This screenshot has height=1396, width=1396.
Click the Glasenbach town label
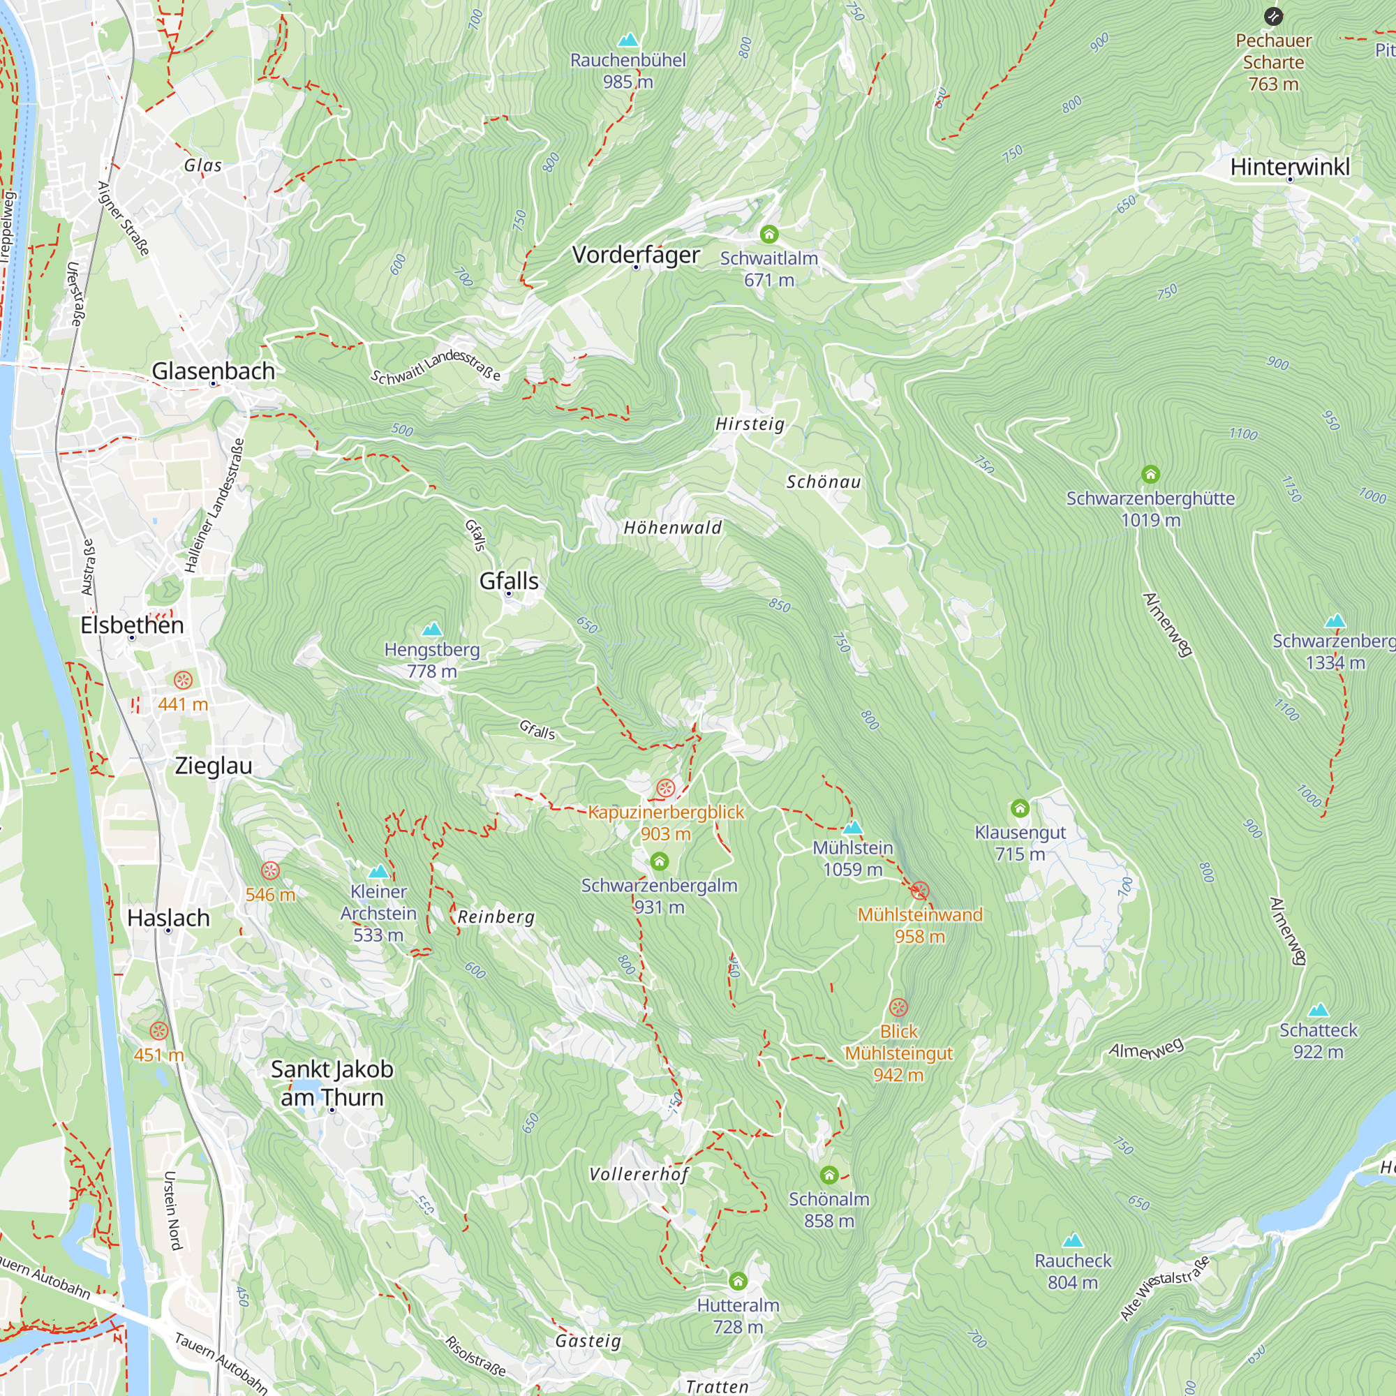click(213, 371)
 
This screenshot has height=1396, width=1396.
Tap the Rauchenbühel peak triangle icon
click(628, 39)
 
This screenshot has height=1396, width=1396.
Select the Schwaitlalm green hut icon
click(768, 234)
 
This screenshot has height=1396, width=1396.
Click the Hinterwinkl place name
click(1290, 167)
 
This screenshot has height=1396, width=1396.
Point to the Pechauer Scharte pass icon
click(1273, 16)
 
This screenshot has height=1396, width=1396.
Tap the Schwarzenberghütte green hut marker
click(1150, 475)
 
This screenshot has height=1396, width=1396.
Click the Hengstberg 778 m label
click(432, 660)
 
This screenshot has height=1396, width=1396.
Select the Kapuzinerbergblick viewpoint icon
click(665, 788)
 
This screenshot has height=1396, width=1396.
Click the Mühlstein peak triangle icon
click(853, 827)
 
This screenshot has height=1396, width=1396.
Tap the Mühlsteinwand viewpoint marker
click(919, 891)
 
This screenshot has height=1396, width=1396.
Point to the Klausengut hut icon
click(1020, 808)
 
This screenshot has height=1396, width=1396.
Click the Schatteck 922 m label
click(1318, 1041)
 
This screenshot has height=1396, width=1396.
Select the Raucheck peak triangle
click(1072, 1241)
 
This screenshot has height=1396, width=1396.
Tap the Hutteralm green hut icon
click(737, 1282)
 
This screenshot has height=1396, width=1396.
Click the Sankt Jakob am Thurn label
click(332, 1083)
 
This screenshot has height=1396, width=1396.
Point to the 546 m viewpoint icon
click(270, 870)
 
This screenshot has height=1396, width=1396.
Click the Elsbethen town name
click(132, 625)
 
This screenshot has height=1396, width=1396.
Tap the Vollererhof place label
click(639, 1174)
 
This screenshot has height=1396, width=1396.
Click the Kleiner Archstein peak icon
click(378, 871)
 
